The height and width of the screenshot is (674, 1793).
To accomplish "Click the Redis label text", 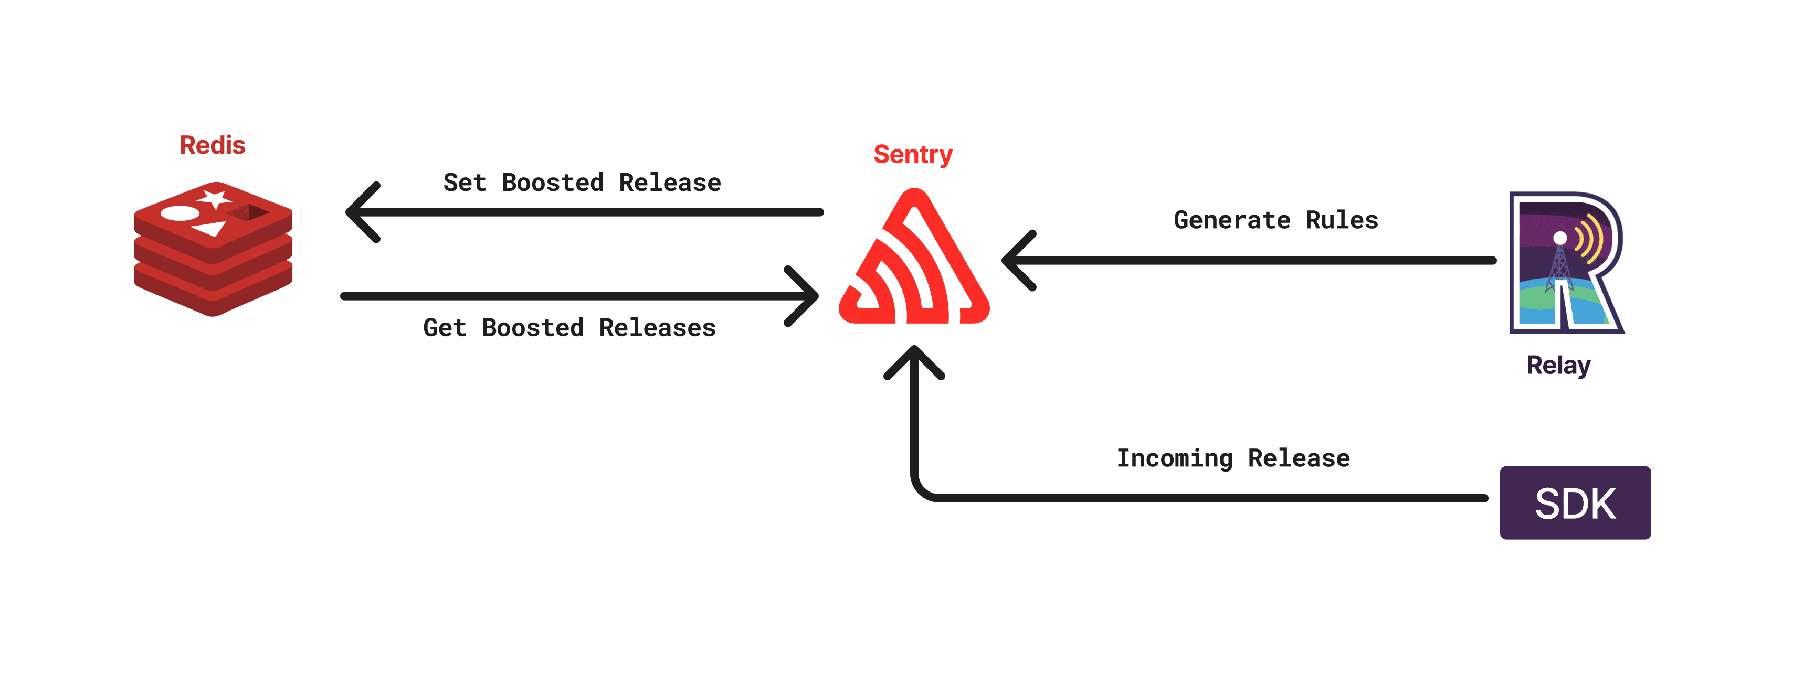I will (x=212, y=145).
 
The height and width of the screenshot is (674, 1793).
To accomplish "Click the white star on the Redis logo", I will (x=214, y=198).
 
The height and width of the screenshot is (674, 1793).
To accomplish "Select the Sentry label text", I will (x=912, y=154).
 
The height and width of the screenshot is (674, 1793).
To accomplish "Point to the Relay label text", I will (x=1558, y=365).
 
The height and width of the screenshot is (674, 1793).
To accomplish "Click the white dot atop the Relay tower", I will (x=1560, y=238).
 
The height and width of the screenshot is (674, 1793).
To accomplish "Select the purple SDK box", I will (x=1575, y=503).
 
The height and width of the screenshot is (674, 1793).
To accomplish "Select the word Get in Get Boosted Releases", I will (x=444, y=328).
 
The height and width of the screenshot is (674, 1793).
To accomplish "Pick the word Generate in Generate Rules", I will (x=1231, y=220).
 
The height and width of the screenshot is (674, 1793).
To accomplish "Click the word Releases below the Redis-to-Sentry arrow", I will (x=657, y=328).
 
